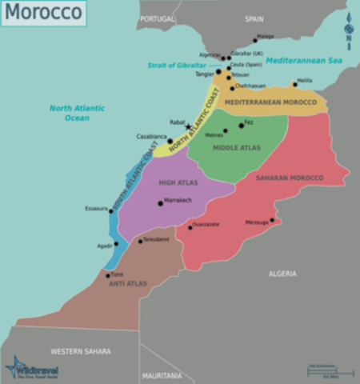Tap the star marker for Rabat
(x=188, y=126)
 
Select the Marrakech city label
(x=178, y=199)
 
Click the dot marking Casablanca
(x=170, y=141)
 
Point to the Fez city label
(x=249, y=122)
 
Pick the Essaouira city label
(x=96, y=208)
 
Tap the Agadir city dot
(x=116, y=244)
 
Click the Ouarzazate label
(x=206, y=224)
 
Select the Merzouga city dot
(x=272, y=220)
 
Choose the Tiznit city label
(x=117, y=274)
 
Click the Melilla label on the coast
(x=304, y=80)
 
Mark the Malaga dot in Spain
(x=255, y=40)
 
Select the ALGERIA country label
(x=282, y=274)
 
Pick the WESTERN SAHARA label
(x=81, y=351)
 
